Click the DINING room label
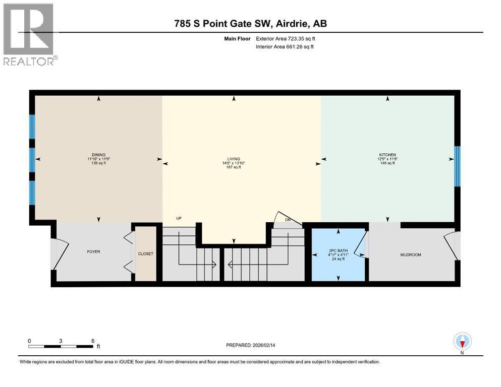[98, 155]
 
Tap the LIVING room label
[234, 159]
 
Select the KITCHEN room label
[387, 155]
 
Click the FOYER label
[94, 252]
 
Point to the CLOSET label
[146, 253]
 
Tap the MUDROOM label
[411, 254]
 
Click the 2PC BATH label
[339, 250]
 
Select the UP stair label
[179, 218]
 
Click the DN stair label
[288, 220]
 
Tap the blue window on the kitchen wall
[458, 166]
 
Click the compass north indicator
[462, 343]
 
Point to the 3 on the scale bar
[61, 341]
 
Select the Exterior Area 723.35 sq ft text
[286, 39]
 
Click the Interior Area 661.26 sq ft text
[285, 46]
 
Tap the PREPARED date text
[250, 345]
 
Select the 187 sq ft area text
[234, 167]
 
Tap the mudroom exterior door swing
[452, 245]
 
